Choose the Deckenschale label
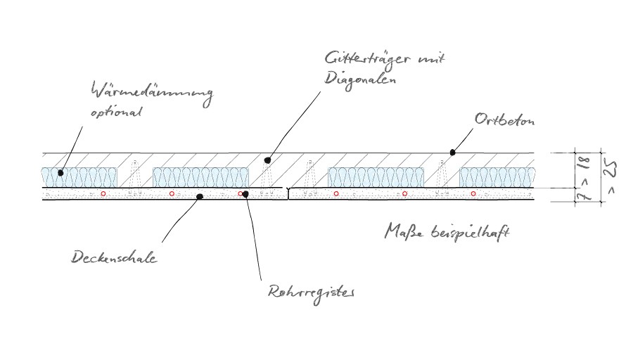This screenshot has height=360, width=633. [x=114, y=258]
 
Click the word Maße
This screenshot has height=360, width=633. [x=403, y=231]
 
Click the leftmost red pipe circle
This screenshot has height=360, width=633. [x=103, y=193]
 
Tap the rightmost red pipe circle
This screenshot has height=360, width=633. [x=473, y=193]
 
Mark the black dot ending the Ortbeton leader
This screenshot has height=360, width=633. [x=453, y=151]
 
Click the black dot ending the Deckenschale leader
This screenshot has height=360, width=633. [x=200, y=197]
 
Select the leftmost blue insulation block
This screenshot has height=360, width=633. [x=76, y=177]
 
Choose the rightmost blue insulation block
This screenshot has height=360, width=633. [x=495, y=177]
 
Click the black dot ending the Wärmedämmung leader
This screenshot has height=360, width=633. [x=61, y=172]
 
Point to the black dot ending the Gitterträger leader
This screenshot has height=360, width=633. [x=267, y=161]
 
